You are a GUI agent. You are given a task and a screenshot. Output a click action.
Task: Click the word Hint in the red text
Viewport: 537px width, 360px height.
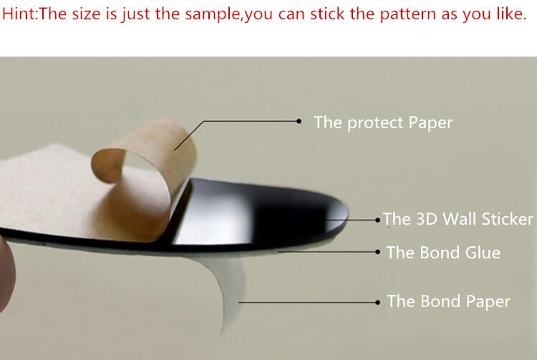(x=19, y=14)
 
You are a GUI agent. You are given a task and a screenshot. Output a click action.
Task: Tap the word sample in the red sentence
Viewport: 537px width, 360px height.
(x=214, y=14)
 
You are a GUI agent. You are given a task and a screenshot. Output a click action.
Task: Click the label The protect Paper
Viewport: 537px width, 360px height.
(x=383, y=122)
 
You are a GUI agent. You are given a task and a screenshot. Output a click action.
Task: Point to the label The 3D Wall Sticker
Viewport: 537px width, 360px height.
(x=458, y=219)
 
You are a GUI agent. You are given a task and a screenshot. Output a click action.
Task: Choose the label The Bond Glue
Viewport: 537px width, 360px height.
(x=443, y=253)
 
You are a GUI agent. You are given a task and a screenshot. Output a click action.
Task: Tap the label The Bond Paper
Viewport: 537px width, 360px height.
(x=448, y=301)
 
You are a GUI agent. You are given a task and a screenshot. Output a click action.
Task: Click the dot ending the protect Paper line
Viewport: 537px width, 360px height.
(x=299, y=121)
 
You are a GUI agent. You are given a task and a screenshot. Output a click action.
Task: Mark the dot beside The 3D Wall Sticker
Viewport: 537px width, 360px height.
(x=378, y=220)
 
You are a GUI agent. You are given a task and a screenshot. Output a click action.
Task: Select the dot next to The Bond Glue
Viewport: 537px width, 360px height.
(x=378, y=252)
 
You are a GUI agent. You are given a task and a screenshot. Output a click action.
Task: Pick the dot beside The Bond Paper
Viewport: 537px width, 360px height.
(x=378, y=303)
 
